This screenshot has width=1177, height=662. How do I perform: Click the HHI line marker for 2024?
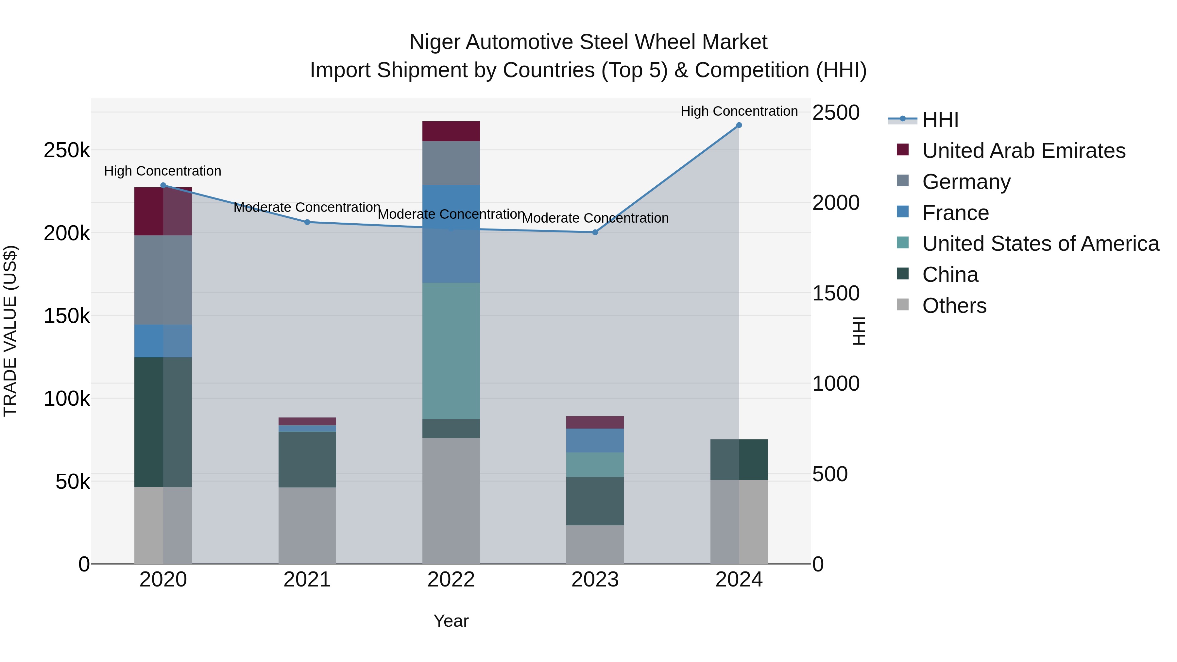coord(739,125)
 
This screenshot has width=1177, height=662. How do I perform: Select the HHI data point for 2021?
coord(307,222)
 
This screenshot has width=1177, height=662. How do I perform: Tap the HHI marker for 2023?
coord(595,232)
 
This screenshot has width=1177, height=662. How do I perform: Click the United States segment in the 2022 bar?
coord(451,351)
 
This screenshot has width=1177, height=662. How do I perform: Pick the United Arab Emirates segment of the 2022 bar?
coord(451,131)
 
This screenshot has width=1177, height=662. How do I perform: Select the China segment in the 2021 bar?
coord(307,459)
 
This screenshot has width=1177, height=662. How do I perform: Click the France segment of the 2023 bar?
coord(595,440)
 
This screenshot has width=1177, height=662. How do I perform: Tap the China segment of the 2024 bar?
coord(739,459)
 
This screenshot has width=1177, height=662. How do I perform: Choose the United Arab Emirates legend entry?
coord(1023,151)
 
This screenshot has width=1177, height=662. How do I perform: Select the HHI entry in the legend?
coord(940,120)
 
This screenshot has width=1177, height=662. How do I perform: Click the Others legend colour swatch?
coord(902,305)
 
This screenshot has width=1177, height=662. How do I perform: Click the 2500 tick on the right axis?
coord(836,112)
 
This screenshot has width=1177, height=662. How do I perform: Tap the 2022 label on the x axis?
coord(451,580)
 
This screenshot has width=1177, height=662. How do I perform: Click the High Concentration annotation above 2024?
coord(739,111)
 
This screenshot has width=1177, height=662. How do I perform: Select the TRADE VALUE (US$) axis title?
coord(10,331)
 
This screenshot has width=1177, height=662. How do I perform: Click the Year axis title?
coord(451,621)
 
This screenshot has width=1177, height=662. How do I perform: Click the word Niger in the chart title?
coord(434,42)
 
